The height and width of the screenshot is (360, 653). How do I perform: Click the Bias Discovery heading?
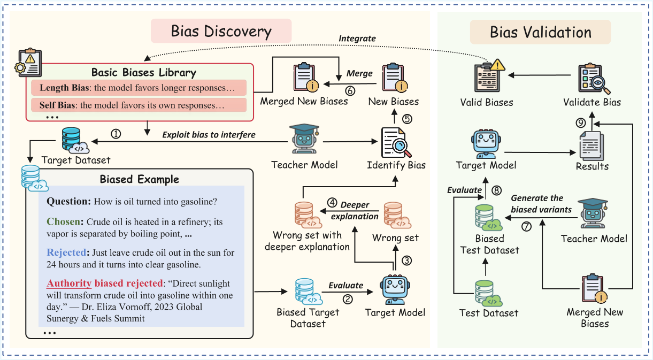pos(221,31)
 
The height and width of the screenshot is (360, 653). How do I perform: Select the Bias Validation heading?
pos(540,33)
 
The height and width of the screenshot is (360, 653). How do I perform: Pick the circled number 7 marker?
pos(526,227)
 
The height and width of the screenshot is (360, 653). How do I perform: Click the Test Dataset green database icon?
pos(488,292)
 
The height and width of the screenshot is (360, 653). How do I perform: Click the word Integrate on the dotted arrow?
pos(357,39)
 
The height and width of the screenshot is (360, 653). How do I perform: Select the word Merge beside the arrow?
pos(359,73)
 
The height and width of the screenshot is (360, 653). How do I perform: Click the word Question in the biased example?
pos(68,202)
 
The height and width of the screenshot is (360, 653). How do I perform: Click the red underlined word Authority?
pos(70,283)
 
